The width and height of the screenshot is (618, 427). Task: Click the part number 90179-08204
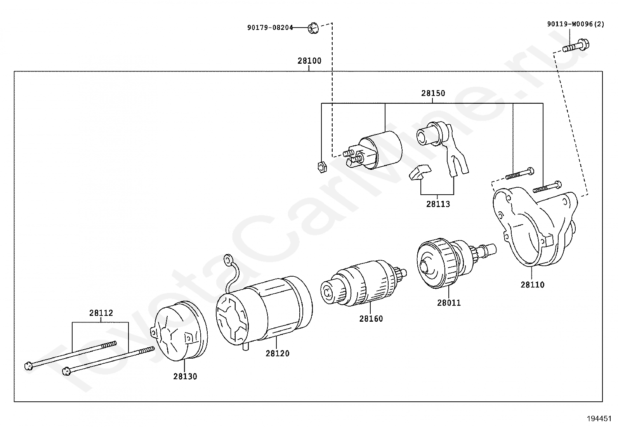270,28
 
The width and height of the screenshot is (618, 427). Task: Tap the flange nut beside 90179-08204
313,28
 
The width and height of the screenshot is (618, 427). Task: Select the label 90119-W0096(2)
576,24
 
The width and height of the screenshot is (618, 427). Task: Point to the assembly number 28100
309,61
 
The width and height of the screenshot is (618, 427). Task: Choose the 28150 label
433,94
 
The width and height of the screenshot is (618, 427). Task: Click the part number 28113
438,204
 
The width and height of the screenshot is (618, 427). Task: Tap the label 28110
532,285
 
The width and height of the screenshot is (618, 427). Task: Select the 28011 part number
449,303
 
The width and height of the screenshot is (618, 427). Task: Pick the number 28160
371,319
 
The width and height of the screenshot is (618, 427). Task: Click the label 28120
277,354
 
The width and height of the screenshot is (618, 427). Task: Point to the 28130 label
185,376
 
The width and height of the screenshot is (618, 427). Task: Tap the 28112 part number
101,313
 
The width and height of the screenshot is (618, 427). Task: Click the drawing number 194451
599,419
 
